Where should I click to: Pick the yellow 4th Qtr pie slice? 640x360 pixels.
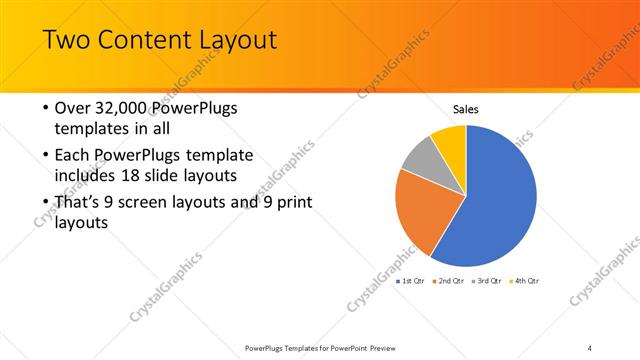pyautogui.click(x=449, y=140)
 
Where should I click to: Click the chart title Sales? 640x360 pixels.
pyautogui.click(x=466, y=109)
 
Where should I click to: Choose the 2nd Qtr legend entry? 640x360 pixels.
pyautogui.click(x=448, y=281)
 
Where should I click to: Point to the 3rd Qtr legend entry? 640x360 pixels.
pyautogui.click(x=486, y=281)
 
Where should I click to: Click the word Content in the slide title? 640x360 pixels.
pyautogui.click(x=139, y=41)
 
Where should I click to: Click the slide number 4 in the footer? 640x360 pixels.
pyautogui.click(x=589, y=348)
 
